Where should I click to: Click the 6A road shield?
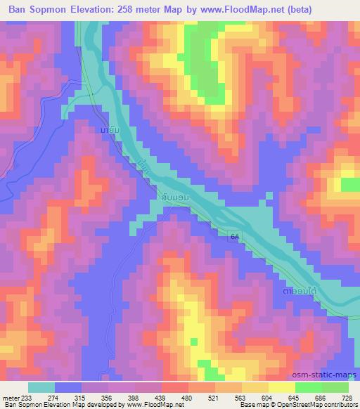tap(233, 239)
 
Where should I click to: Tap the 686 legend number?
tap(320, 397)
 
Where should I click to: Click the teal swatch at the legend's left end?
tap(41, 387)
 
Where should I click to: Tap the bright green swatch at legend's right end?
tap(334, 387)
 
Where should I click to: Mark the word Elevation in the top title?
tap(111, 9)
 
